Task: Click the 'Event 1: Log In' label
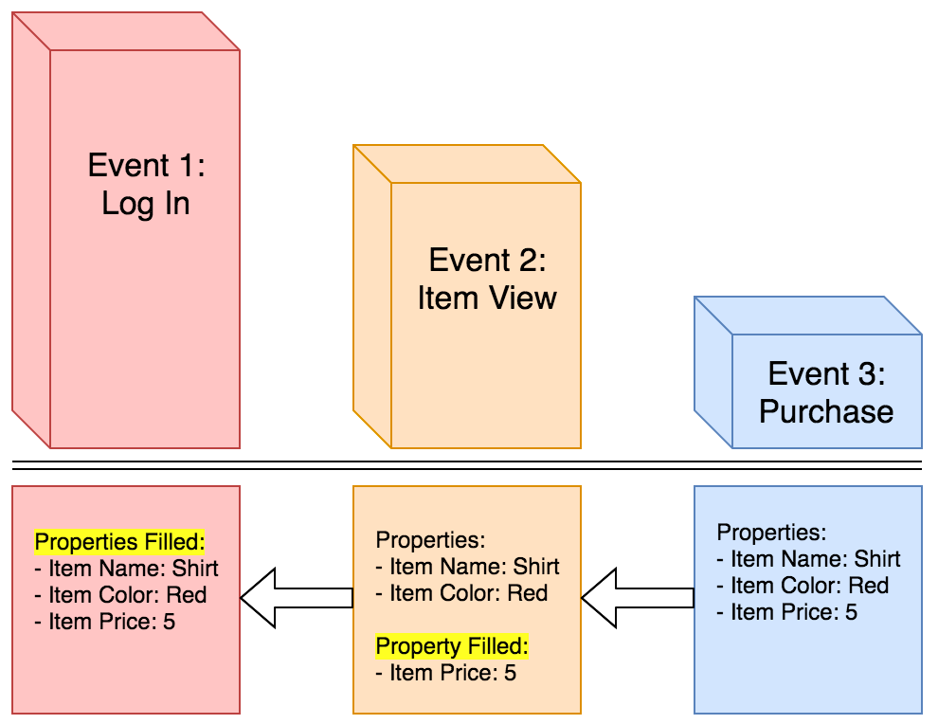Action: tap(146, 185)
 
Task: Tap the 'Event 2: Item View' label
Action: tap(487, 279)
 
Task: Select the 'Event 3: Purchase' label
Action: tap(826, 392)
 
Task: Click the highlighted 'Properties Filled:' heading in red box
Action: tap(119, 542)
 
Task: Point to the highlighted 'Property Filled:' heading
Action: tap(452, 646)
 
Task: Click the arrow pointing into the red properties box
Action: tap(295, 598)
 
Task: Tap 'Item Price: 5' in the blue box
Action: tap(793, 612)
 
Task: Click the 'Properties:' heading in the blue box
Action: tap(771, 533)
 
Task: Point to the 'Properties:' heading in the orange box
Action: tap(430, 540)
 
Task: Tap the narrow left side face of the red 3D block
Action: tap(30, 227)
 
